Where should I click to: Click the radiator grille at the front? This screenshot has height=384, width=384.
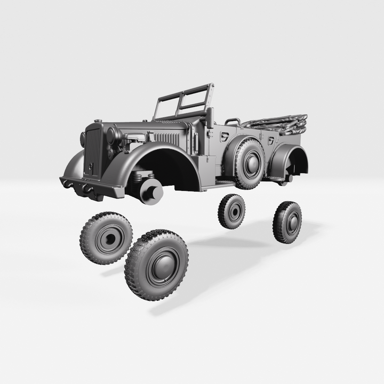[x=93, y=152]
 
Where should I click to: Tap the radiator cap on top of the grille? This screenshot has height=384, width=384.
[x=97, y=121]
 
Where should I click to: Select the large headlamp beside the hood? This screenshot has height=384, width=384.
[x=111, y=135]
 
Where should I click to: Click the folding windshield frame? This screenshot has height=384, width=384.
[x=184, y=101]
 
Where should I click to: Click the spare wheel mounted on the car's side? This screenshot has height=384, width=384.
[x=249, y=164]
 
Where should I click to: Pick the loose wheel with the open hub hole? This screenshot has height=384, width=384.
[x=106, y=238]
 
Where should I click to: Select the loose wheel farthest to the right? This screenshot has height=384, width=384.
[x=287, y=222]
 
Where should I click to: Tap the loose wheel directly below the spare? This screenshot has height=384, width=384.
[x=232, y=212]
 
